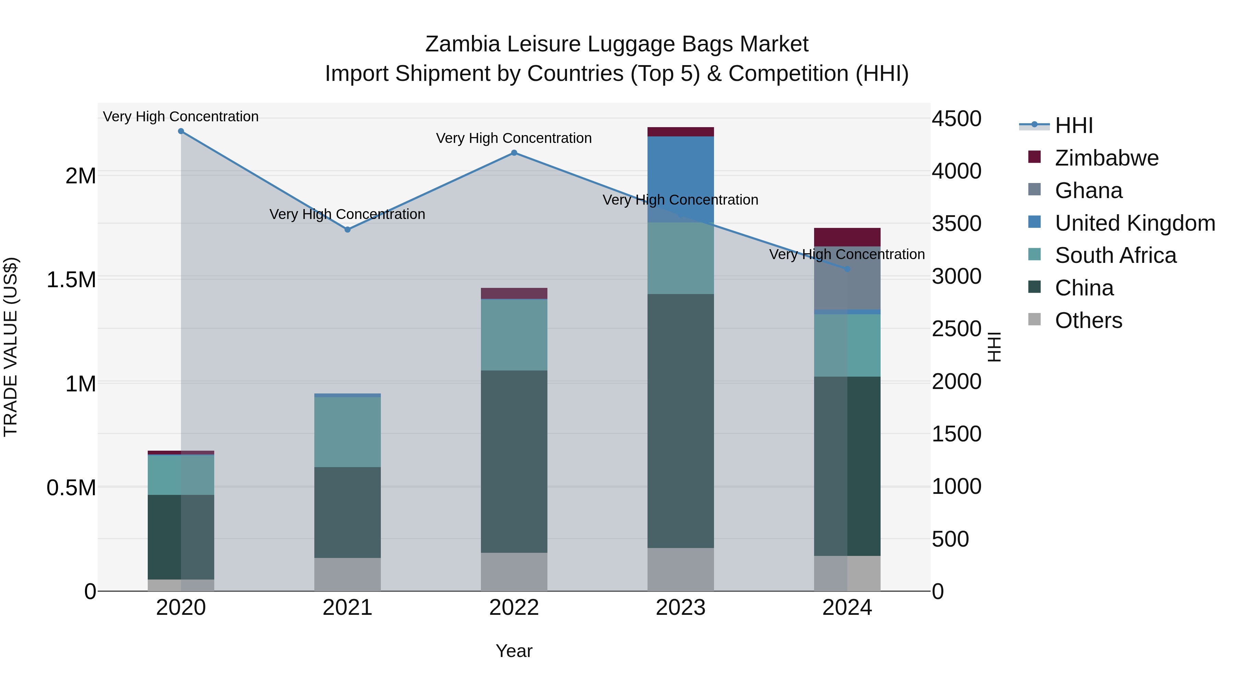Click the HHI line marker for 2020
[x=181, y=131]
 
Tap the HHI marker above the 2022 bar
[x=514, y=153]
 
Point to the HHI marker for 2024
[x=847, y=269]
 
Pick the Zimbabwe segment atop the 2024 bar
[x=847, y=237]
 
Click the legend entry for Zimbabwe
[x=1106, y=158]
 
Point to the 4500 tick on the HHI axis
[x=956, y=119]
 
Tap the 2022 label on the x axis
[x=514, y=608]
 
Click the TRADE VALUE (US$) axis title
[x=11, y=347]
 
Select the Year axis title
[x=514, y=651]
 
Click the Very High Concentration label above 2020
[x=181, y=117]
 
